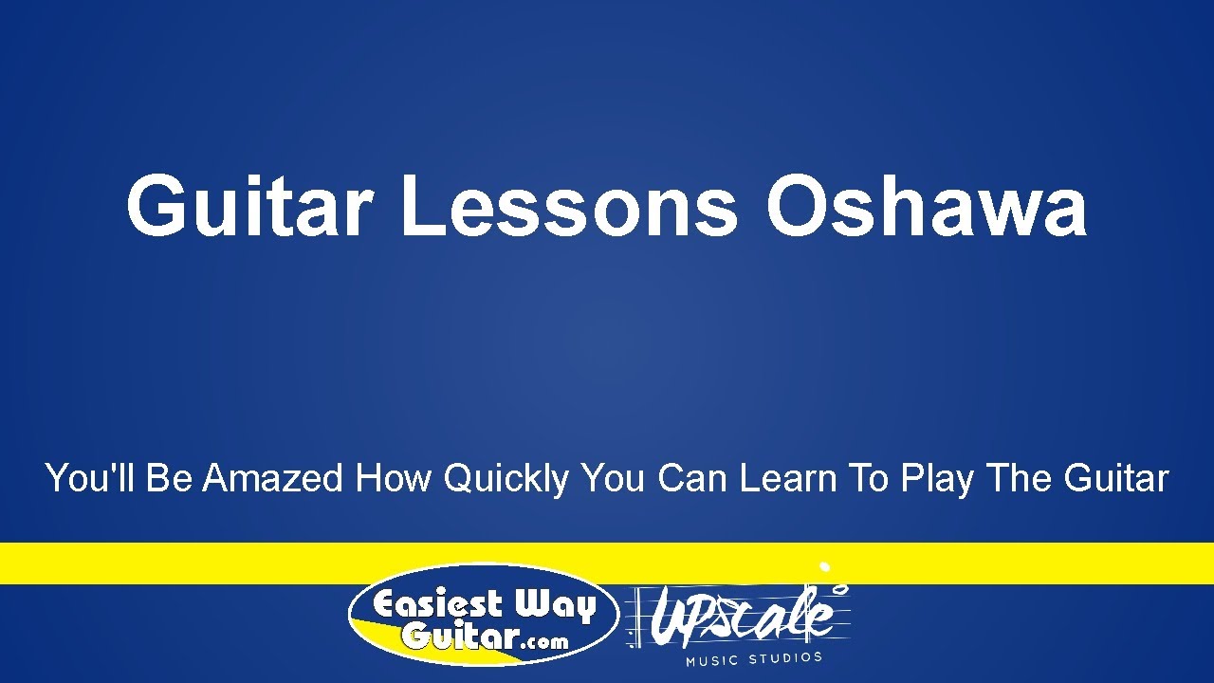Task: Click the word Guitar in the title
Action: [247, 207]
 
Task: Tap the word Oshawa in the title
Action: [926, 207]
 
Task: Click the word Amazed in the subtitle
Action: [272, 478]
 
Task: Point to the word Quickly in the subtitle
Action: [506, 480]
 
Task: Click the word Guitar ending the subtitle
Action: [1116, 478]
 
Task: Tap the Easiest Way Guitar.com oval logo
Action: [484, 617]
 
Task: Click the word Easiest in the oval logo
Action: [437, 604]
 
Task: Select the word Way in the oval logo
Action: [555, 606]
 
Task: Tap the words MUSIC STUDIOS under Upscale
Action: [754, 657]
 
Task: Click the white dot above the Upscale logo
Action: [825, 567]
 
